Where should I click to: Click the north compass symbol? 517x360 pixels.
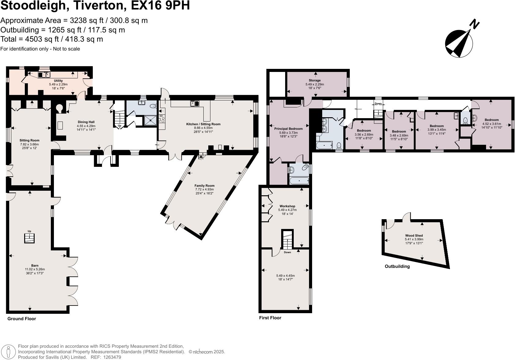[x=459, y=43]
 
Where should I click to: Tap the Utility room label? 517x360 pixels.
[x=58, y=81]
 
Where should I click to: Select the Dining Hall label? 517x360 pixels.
[x=86, y=122]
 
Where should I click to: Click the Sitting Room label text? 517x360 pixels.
[x=29, y=141]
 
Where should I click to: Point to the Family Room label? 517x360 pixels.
[x=204, y=186]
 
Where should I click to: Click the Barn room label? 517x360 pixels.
[x=35, y=265]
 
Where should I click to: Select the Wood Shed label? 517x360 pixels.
[x=414, y=236]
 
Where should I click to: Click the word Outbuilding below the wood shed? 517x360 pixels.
[x=397, y=266]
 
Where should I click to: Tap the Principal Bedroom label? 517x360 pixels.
[x=288, y=129]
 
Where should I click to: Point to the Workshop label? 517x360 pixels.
[x=287, y=206]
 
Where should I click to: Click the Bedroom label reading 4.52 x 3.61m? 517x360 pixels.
[x=492, y=120]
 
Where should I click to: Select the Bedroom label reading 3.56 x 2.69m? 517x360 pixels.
[x=364, y=131]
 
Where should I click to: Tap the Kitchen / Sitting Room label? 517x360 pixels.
[x=203, y=124]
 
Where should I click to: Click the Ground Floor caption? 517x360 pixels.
[x=22, y=319]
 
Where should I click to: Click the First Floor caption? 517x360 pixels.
[x=270, y=318]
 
